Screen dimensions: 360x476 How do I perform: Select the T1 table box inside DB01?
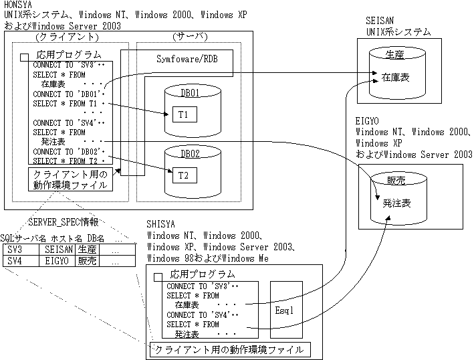[x=183, y=114]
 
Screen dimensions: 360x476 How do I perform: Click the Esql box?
[x=284, y=310]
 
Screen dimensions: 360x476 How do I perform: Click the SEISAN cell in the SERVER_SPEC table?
[x=57, y=249]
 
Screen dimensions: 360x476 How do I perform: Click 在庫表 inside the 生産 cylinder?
[x=396, y=78]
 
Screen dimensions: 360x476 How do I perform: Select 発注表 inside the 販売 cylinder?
[x=396, y=202]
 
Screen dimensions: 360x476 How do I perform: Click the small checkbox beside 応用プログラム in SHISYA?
[x=158, y=276]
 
